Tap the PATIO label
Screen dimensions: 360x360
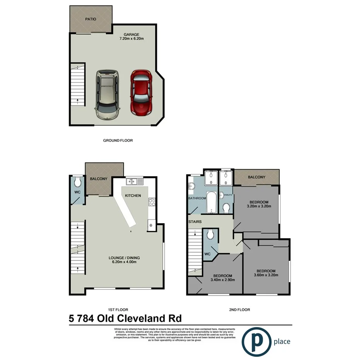tap(90, 19)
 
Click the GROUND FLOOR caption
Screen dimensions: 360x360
tap(118, 141)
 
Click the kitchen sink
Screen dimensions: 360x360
tap(135, 181)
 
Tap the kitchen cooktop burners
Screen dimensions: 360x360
tap(151, 202)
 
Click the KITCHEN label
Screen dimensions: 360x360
tap(133, 195)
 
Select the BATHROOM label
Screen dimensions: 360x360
tap(197, 198)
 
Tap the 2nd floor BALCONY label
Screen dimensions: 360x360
tap(257, 177)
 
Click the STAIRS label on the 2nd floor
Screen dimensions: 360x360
tap(195, 222)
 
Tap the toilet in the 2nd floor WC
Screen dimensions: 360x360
tap(211, 234)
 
